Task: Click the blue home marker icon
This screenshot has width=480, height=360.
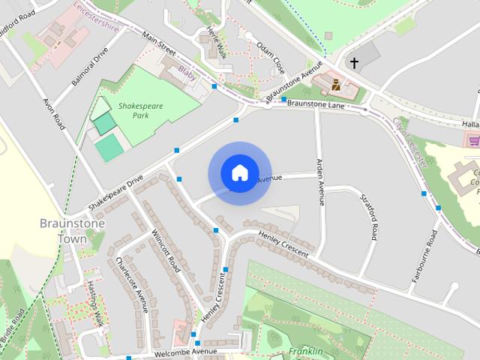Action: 239,173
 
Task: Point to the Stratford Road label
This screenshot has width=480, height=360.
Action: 367,217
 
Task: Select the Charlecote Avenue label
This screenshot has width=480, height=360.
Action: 130,283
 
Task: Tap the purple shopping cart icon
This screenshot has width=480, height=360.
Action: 473,139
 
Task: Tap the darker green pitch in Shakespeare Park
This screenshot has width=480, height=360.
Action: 105,123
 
